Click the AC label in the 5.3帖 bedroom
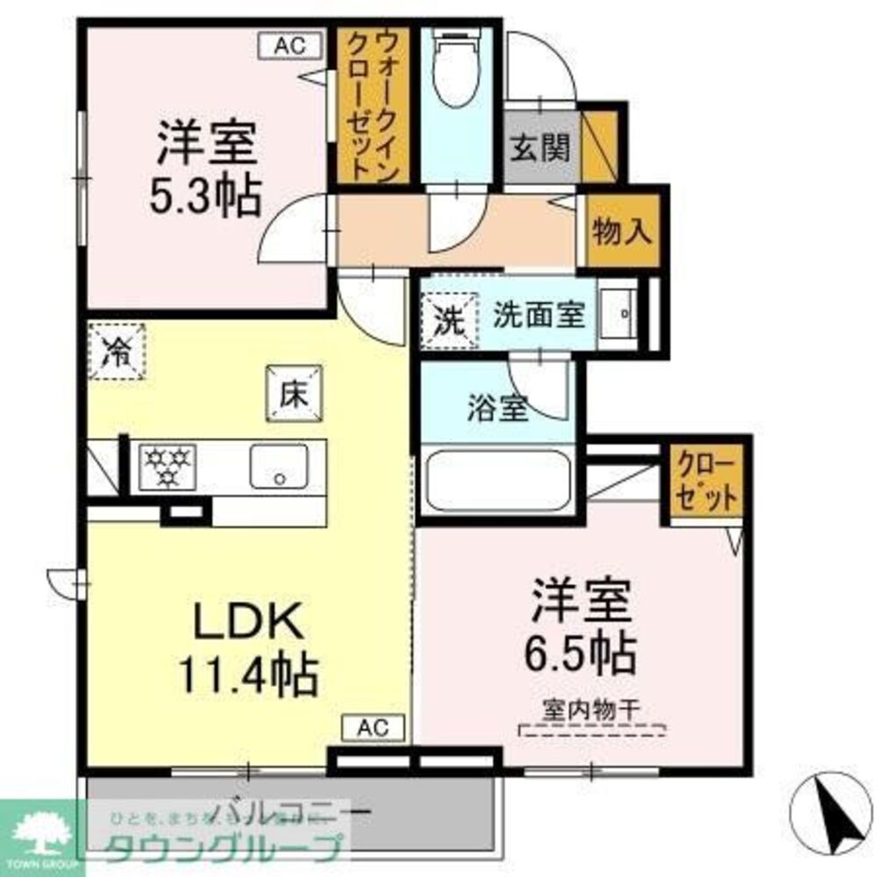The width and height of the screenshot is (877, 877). (x=282, y=46)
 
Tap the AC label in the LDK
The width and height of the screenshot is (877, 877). (x=373, y=727)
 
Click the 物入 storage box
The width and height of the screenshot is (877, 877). (x=622, y=232)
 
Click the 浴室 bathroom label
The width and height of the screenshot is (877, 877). (x=497, y=410)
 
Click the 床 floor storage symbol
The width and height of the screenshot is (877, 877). (x=295, y=394)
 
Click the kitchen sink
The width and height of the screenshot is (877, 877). (x=279, y=466)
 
